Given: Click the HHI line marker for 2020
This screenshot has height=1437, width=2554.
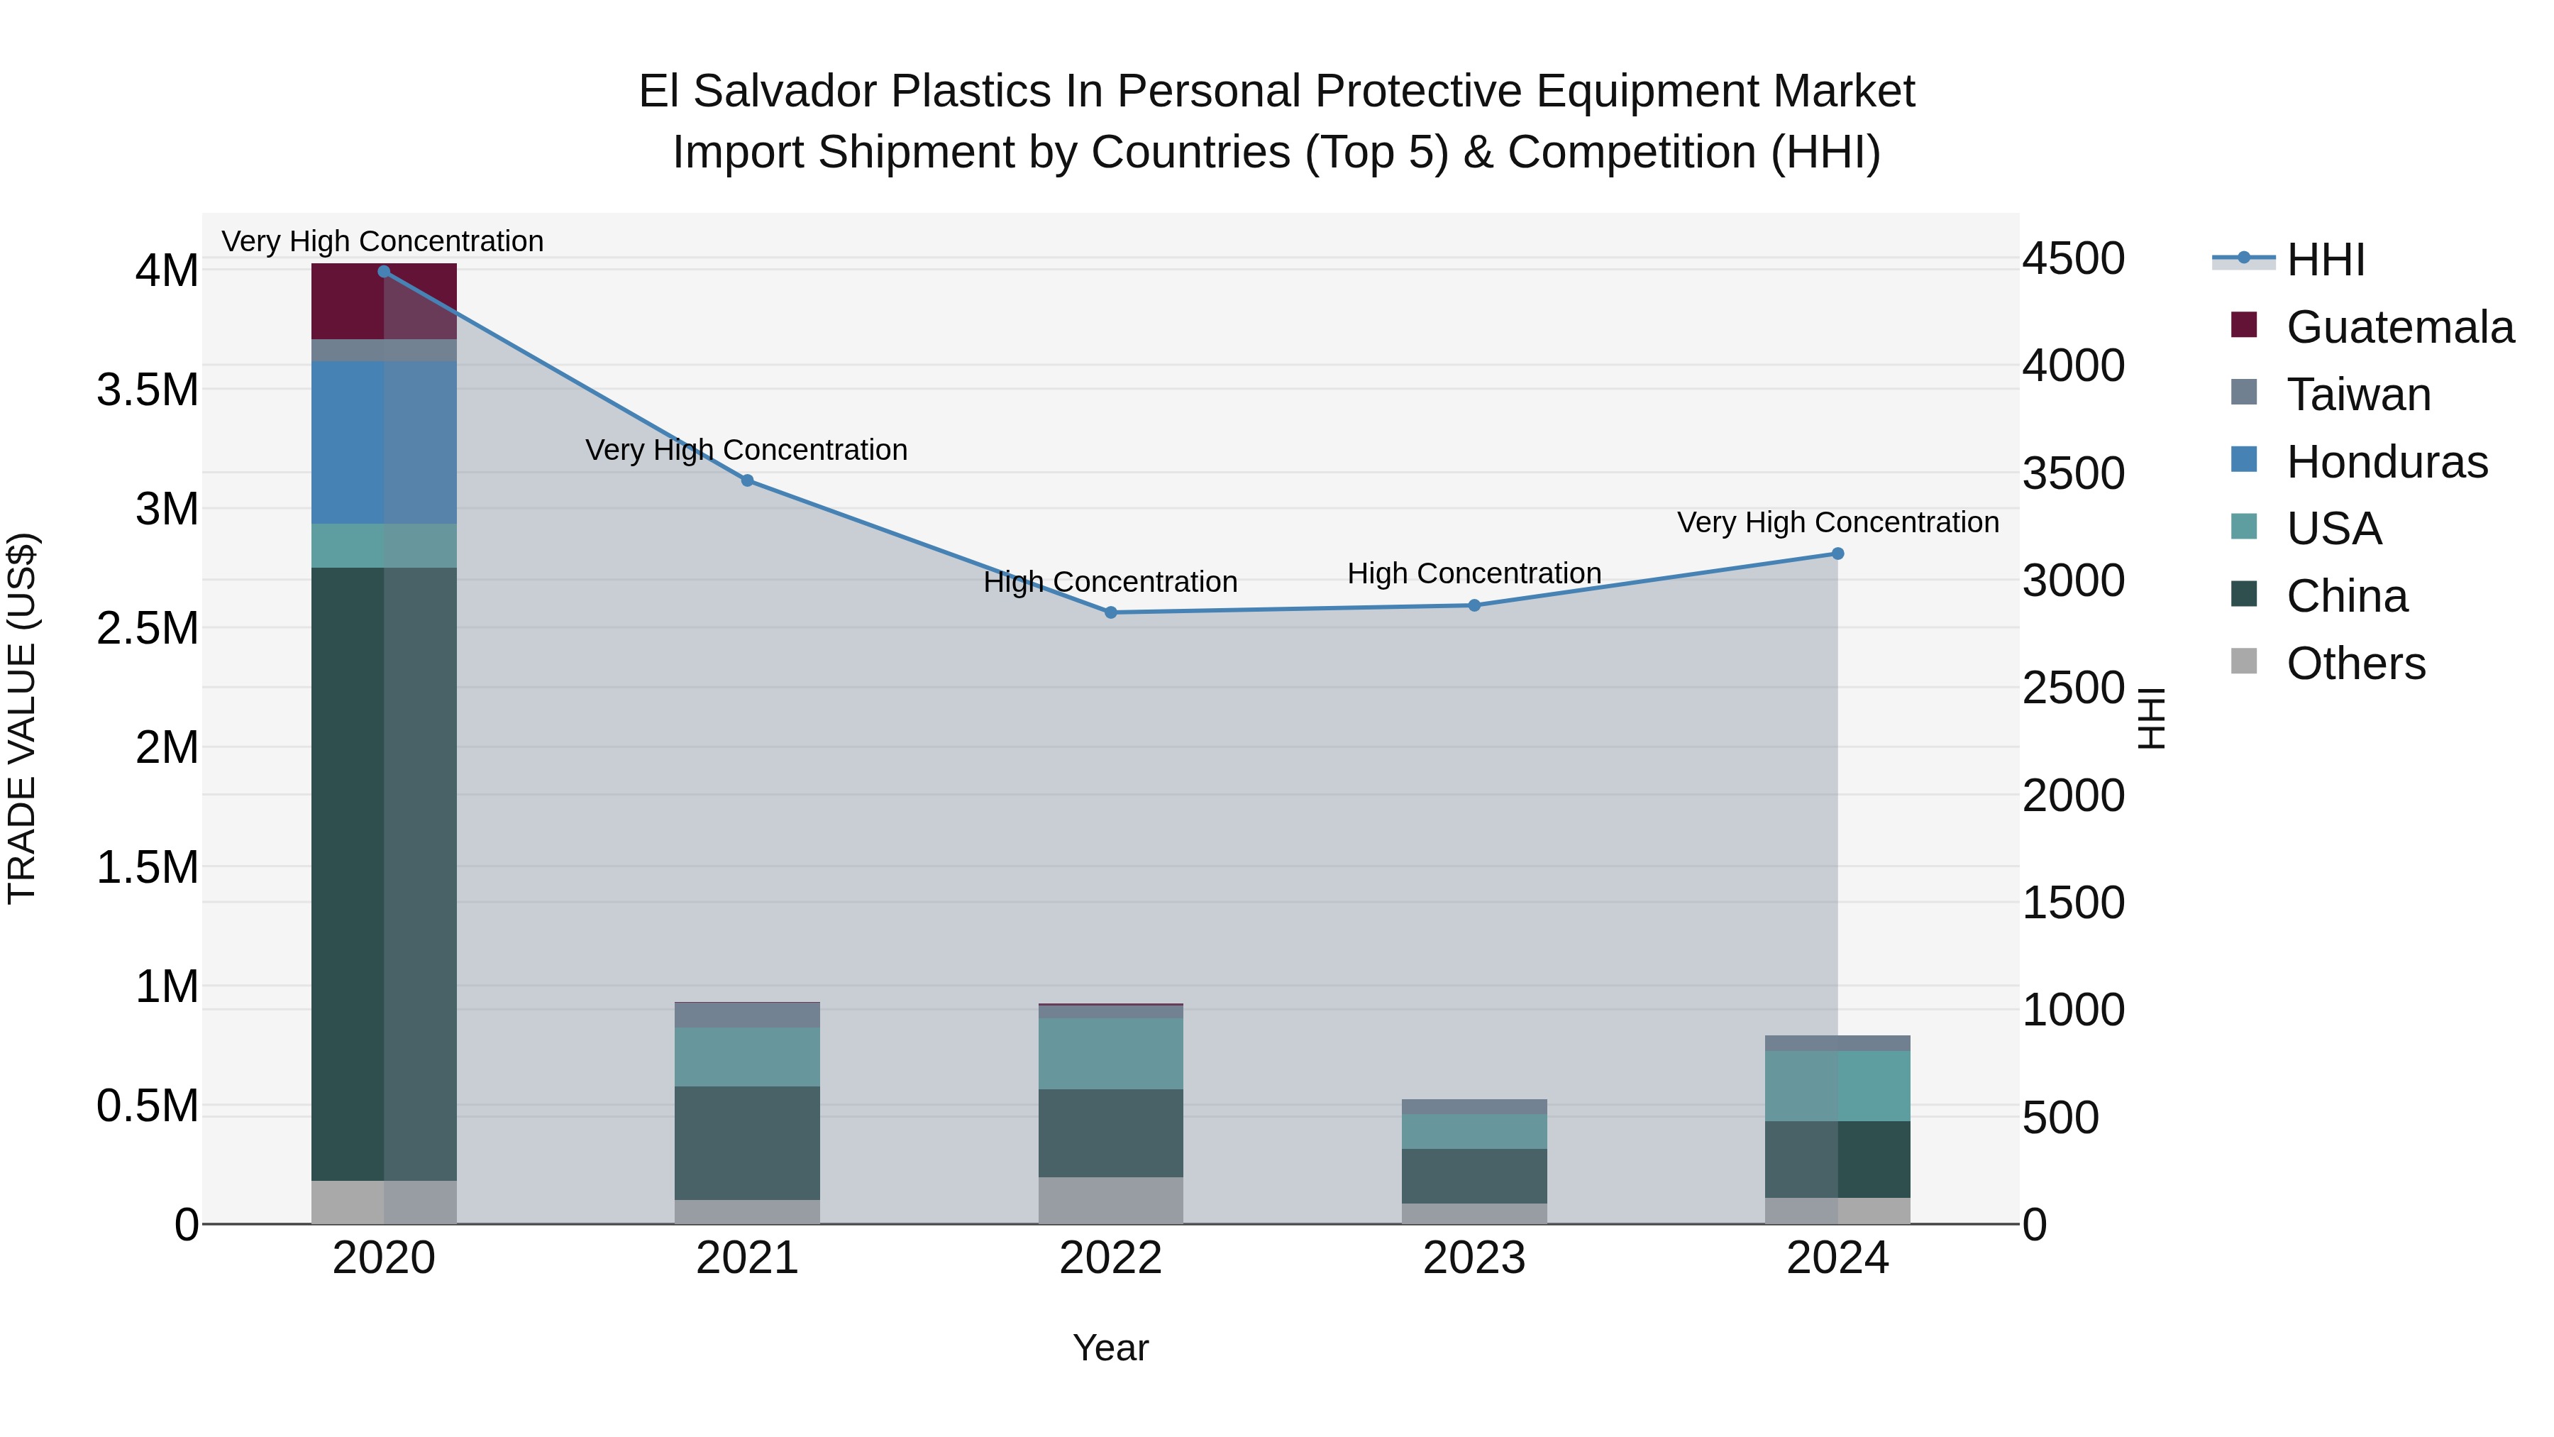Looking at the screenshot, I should (384, 272).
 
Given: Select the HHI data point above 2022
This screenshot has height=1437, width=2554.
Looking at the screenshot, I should (1110, 613).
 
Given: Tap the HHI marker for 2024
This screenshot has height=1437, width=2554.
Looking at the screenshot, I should (1837, 554).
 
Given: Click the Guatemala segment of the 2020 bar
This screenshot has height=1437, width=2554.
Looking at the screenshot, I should (384, 302).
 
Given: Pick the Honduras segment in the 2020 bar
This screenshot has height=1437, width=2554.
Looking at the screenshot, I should (384, 442).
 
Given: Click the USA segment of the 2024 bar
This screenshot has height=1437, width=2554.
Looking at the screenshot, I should (1837, 1086).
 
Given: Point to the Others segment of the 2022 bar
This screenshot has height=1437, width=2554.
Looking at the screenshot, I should (1110, 1200).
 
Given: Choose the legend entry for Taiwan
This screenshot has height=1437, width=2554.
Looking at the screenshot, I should (2357, 395).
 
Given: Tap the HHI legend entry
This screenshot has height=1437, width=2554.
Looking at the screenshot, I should (2325, 260).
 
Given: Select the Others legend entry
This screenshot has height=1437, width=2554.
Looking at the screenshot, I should (2355, 664).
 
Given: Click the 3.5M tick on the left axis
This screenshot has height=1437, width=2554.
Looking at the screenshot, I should (148, 390).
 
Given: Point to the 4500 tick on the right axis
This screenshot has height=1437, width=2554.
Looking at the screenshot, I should (2073, 259).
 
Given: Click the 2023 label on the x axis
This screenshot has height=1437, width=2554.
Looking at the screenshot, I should (1474, 1258).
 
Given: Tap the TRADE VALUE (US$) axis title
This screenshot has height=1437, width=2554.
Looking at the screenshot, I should (22, 718).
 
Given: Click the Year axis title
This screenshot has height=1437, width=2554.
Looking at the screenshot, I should (1110, 1348).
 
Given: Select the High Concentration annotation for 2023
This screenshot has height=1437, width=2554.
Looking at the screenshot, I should (1474, 573).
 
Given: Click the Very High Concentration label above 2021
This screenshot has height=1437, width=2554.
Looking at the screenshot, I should (746, 450).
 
